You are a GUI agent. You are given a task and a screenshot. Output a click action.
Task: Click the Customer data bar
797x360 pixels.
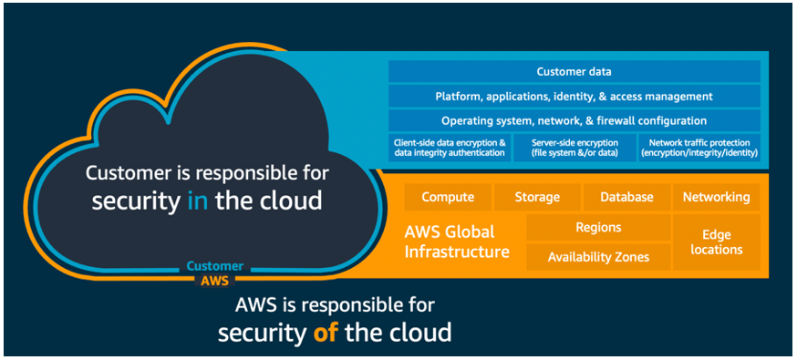click(x=574, y=71)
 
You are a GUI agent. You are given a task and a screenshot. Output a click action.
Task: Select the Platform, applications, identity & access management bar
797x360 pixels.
click(x=574, y=96)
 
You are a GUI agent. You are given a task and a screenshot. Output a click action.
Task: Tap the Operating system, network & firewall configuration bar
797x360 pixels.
click(x=574, y=120)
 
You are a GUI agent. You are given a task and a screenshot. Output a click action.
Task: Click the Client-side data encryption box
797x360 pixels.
click(x=450, y=148)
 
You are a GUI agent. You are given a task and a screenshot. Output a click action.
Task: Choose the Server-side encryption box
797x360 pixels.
click(x=574, y=148)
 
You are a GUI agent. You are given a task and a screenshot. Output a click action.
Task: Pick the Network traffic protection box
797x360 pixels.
click(x=699, y=148)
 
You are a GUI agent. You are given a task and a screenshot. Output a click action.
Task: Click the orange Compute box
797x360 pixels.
click(x=447, y=197)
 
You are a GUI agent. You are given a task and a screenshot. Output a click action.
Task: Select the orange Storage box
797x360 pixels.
click(x=537, y=197)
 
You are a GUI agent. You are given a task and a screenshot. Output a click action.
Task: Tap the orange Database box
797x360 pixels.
click(x=626, y=197)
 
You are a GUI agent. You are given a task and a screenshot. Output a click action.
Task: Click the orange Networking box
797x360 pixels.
click(x=716, y=197)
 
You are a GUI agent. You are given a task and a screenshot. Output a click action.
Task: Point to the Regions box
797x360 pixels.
click(x=598, y=228)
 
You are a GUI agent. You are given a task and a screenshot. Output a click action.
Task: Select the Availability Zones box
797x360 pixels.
click(x=598, y=257)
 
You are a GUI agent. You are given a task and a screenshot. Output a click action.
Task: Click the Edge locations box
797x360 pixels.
click(x=716, y=242)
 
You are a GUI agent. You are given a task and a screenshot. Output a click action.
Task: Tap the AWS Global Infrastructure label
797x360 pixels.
click(x=457, y=242)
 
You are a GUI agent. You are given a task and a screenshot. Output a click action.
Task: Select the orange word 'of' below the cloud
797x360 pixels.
click(x=325, y=333)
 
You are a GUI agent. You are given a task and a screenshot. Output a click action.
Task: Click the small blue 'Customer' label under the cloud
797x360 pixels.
click(x=215, y=266)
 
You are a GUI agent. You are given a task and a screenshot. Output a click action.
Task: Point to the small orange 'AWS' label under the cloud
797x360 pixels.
click(x=215, y=281)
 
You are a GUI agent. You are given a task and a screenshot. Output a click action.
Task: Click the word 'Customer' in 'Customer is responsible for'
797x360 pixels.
click(x=125, y=173)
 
